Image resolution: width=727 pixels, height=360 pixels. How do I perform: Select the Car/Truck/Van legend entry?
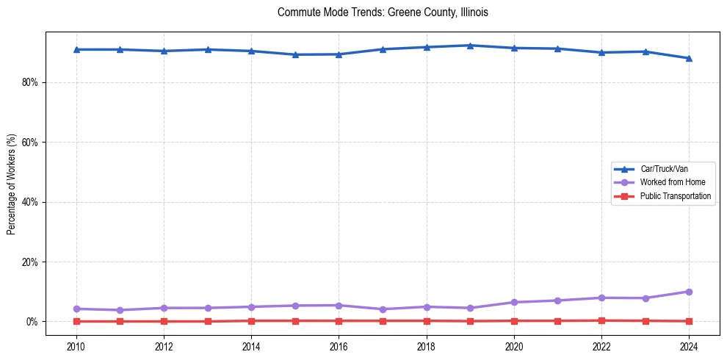664,169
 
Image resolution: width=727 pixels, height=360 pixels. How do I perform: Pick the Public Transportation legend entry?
676,196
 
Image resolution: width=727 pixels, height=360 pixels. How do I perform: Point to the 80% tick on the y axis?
29,82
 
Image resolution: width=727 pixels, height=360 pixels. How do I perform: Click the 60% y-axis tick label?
29,143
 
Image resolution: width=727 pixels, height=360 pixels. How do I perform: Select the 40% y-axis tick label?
29,202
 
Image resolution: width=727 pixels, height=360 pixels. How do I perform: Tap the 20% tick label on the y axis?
29,262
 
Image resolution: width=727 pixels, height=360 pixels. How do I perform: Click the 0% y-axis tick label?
32,322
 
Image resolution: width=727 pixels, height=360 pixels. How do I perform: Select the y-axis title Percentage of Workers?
12,184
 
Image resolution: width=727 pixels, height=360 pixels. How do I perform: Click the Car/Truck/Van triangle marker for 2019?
470,46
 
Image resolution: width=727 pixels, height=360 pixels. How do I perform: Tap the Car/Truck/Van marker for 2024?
689,58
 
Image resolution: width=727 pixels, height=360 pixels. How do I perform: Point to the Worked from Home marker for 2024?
689,292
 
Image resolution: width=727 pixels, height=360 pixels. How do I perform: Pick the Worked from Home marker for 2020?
514,302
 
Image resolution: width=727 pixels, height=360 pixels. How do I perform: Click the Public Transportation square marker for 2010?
76,321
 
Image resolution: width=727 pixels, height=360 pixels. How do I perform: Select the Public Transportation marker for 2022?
601,320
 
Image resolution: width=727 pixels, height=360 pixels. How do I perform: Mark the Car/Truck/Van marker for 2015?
295,54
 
